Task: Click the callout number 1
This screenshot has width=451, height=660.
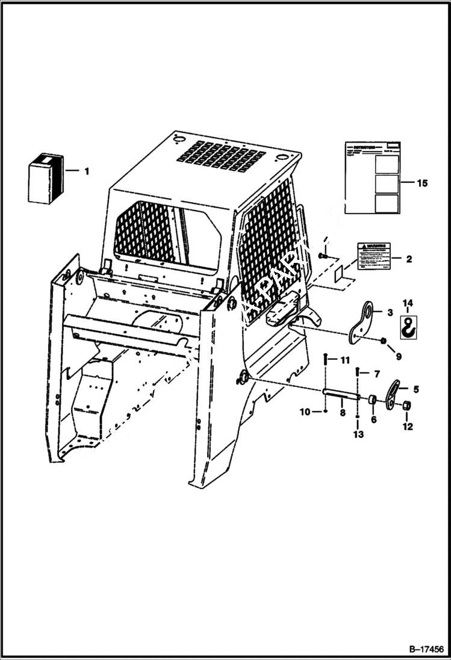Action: (86, 171)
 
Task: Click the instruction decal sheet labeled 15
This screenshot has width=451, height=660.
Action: (372, 177)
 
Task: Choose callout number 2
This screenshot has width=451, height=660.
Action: (409, 259)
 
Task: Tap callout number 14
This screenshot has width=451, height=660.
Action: (408, 302)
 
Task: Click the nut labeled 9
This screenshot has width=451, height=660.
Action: (383, 342)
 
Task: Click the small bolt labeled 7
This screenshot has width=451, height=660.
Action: (358, 372)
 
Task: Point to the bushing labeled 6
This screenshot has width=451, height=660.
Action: (373, 399)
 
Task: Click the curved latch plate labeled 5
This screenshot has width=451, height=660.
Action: (392, 394)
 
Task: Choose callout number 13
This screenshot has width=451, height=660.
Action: (359, 434)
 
